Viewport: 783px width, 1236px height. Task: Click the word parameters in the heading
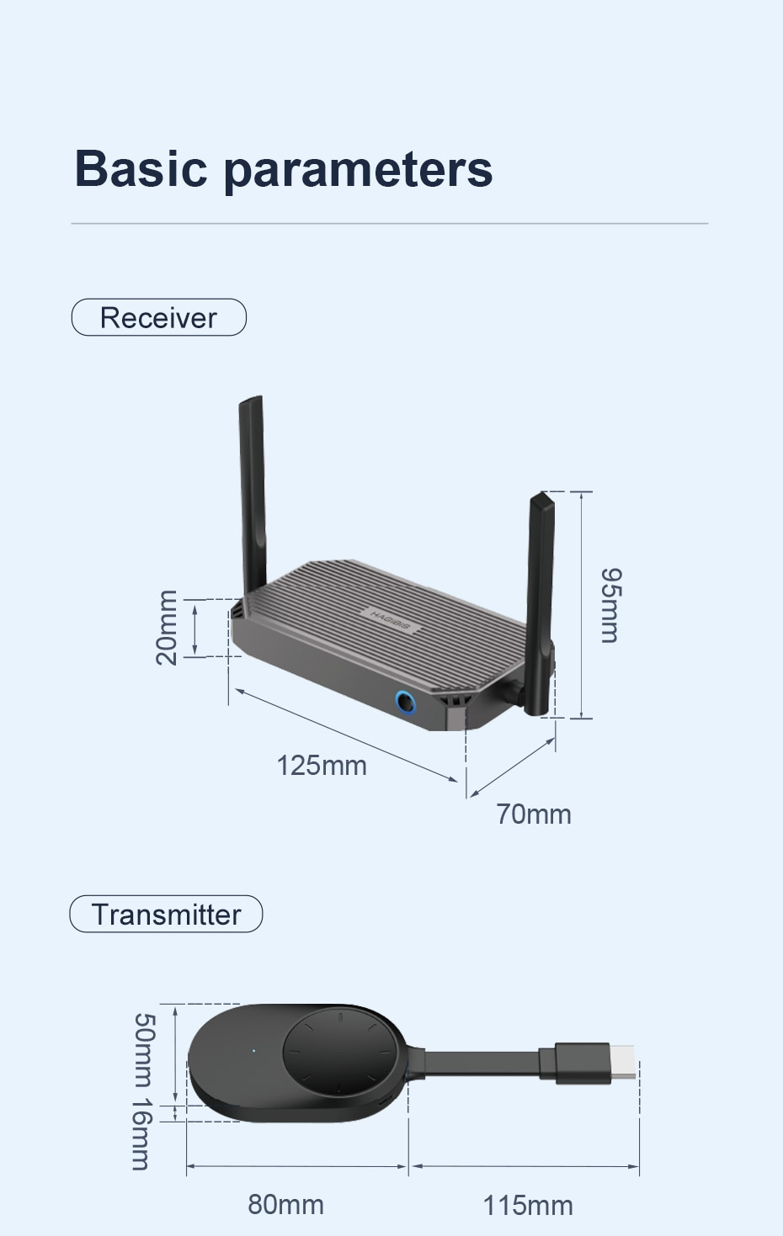tap(358, 169)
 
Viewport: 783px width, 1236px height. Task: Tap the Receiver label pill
tap(158, 317)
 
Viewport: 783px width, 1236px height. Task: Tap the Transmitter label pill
tap(166, 914)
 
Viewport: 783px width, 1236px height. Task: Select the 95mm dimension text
tap(611, 605)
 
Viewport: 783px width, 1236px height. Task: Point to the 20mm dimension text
tap(167, 628)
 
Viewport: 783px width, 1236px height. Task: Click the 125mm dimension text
tap(322, 766)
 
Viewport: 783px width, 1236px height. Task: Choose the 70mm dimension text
tap(533, 814)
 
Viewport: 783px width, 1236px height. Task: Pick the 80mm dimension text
tap(285, 1204)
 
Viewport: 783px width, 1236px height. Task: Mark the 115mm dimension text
tap(527, 1205)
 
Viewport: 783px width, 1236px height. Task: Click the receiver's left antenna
tap(253, 488)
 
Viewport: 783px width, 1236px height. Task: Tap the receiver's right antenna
tap(538, 589)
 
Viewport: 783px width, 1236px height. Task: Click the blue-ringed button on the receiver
tap(406, 701)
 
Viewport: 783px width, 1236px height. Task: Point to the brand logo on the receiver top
tap(389, 619)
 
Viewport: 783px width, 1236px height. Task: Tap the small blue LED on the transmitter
tap(253, 1050)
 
